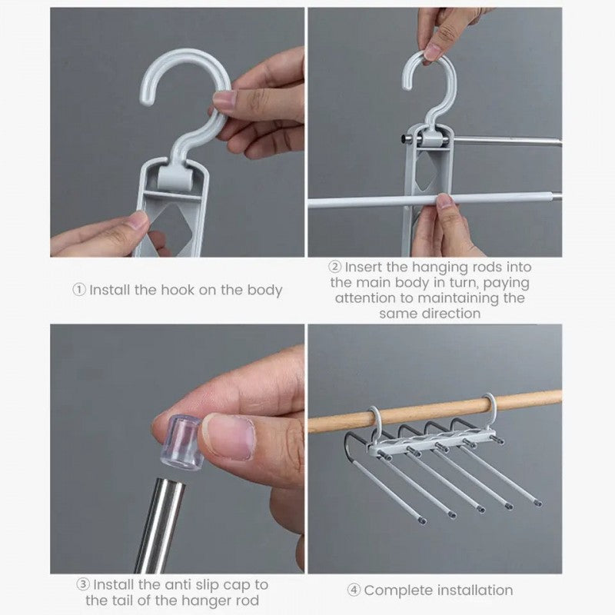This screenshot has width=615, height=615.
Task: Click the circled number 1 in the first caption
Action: click(x=80, y=291)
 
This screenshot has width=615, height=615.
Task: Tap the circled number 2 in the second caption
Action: click(x=335, y=268)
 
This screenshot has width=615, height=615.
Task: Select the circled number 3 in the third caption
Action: click(x=82, y=585)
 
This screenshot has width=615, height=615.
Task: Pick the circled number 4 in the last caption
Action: click(x=354, y=590)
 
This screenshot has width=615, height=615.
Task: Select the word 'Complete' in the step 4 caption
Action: click(x=397, y=590)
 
